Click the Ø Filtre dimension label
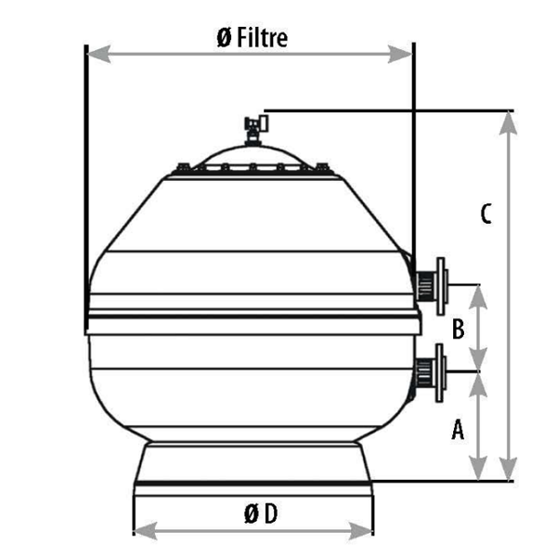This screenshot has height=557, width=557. pos(251,37)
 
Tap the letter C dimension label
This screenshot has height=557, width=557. pos(486,214)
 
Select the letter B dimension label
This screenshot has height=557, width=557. pos(458,328)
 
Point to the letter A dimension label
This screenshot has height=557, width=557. pos(457,428)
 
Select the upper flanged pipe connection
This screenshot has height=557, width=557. pos(433,280)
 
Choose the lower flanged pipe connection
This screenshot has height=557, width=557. pos(433,371)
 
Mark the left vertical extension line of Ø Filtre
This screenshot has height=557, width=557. pos(85,186)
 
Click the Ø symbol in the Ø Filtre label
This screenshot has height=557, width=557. pos(223,38)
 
